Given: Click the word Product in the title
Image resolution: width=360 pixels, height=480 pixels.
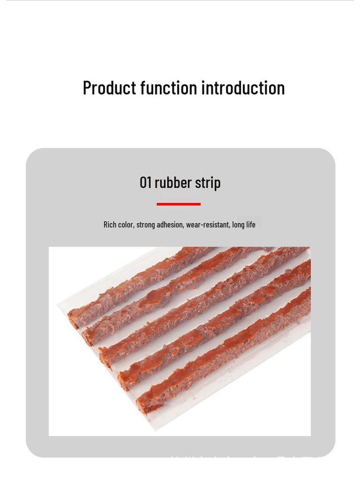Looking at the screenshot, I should [x=109, y=88].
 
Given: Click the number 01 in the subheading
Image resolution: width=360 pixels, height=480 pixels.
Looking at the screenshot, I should [x=145, y=182].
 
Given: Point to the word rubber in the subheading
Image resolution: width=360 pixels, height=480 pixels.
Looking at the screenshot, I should [x=173, y=182].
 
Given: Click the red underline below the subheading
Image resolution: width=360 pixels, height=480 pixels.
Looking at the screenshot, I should [x=179, y=204].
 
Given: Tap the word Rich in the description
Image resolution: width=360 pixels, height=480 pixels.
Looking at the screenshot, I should [x=110, y=225].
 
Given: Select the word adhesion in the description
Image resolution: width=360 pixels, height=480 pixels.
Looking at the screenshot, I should [x=170, y=225].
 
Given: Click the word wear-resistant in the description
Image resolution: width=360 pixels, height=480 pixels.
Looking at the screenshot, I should [x=208, y=225].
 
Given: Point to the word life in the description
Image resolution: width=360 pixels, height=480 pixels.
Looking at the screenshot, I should [x=250, y=225].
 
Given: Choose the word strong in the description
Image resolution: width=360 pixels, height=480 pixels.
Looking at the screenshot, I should [x=145, y=225].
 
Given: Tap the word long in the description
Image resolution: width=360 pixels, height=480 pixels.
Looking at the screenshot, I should [x=238, y=225].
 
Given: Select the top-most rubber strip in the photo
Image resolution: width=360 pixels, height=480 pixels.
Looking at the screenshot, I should [x=141, y=281].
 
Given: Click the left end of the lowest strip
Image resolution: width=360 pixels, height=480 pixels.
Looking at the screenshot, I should [x=145, y=403].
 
